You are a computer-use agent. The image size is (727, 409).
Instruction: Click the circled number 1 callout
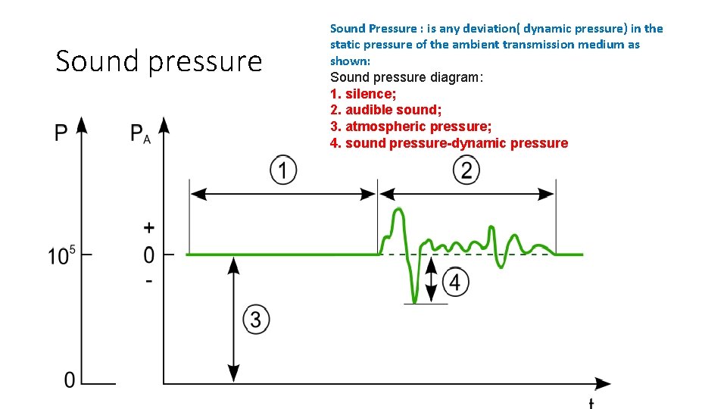coord(282,170)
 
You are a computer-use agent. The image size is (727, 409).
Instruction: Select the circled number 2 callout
coord(466,170)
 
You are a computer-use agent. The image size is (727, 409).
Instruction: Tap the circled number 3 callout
coord(256,320)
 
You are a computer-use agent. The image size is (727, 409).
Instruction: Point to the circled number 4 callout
coord(454,283)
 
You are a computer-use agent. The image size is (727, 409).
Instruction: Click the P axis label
coord(61,134)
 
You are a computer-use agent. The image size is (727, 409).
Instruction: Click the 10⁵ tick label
coord(62,255)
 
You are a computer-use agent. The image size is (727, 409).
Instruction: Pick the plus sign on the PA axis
coord(149,227)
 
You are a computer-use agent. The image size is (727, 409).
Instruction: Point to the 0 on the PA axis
coord(149,254)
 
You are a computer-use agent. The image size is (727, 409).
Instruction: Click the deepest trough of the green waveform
coord(414,301)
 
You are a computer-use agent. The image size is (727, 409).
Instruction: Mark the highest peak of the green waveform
coord(396,211)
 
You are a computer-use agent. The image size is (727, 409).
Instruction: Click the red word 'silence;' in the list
coord(371,93)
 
